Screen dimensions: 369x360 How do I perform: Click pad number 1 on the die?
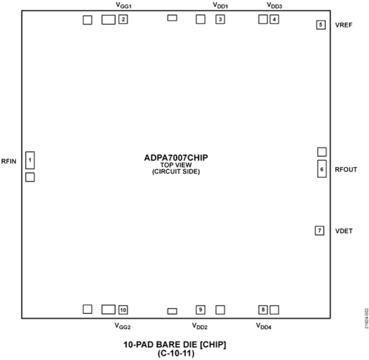coord(30,160)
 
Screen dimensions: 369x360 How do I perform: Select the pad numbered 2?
coord(123,19)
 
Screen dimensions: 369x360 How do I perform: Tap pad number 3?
coord(220,19)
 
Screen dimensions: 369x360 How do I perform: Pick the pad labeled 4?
coord(274,19)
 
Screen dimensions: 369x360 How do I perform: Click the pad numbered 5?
coord(321,24)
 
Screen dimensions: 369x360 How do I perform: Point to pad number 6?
coord(322,168)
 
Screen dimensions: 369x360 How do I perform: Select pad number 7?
coord(319,230)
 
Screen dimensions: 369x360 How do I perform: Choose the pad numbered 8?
coord(263,310)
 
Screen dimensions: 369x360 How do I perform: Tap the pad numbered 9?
coord(200,310)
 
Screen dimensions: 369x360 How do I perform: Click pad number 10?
coord(123,310)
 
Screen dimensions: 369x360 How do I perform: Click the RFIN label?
coord(9,161)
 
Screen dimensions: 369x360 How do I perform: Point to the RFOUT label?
coord(346,170)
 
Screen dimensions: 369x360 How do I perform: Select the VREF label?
coord(344,25)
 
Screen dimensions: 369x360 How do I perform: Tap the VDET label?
coord(344,231)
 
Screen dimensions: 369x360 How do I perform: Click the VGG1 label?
coord(123,5)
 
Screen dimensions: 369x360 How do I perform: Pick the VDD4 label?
coord(264,326)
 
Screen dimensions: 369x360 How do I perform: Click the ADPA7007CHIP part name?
coord(176,158)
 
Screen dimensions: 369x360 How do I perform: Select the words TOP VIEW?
coord(176,165)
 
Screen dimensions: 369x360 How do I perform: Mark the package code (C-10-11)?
coord(176,353)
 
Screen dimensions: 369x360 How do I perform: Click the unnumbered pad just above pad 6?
coord(322,152)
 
